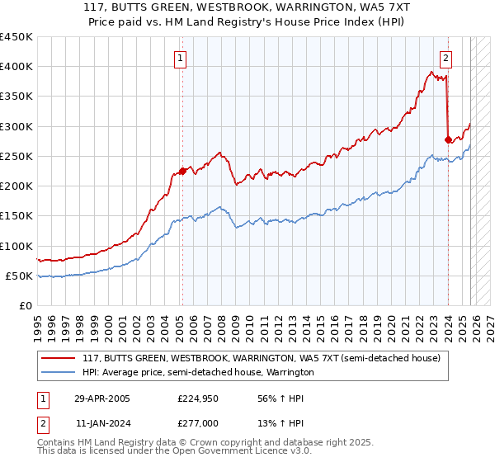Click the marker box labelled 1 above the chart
180,58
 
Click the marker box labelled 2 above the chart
445,58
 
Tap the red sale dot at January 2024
448,139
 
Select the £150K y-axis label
16,216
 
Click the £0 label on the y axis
25,306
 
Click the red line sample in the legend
59,359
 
